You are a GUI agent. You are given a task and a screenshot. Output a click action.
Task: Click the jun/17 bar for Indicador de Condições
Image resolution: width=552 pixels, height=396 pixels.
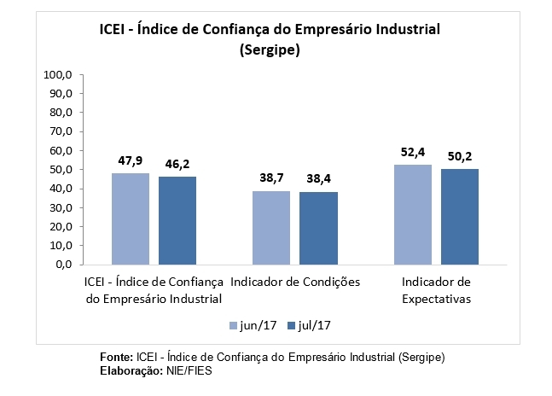[270, 228]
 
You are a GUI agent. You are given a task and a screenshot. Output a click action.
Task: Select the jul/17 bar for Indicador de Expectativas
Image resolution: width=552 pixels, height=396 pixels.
[460, 217]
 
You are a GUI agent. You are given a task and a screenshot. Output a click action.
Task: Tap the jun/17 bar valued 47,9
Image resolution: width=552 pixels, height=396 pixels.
[130, 218]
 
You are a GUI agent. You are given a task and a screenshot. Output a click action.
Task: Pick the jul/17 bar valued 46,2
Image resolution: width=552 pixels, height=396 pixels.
[177, 220]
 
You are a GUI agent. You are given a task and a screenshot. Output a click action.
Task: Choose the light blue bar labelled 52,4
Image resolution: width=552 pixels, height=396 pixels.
[412, 214]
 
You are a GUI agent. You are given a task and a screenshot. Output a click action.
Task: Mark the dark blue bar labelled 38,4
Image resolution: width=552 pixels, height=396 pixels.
[319, 228]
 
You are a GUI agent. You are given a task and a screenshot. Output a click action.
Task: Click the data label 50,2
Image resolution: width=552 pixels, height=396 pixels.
[461, 156]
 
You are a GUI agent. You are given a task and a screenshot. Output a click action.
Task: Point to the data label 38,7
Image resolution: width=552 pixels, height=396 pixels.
[271, 178]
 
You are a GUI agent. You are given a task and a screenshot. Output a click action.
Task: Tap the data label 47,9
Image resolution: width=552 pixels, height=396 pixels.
[130, 160]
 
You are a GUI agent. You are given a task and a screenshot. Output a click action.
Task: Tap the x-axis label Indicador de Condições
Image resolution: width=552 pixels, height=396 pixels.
[295, 282]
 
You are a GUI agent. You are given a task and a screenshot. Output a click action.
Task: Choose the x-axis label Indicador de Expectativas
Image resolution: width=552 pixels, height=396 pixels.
[436, 290]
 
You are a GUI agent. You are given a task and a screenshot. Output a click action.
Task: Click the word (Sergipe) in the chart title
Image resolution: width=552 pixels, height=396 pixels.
[270, 51]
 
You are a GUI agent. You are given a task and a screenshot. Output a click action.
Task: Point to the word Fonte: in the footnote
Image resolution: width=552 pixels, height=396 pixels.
[116, 355]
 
